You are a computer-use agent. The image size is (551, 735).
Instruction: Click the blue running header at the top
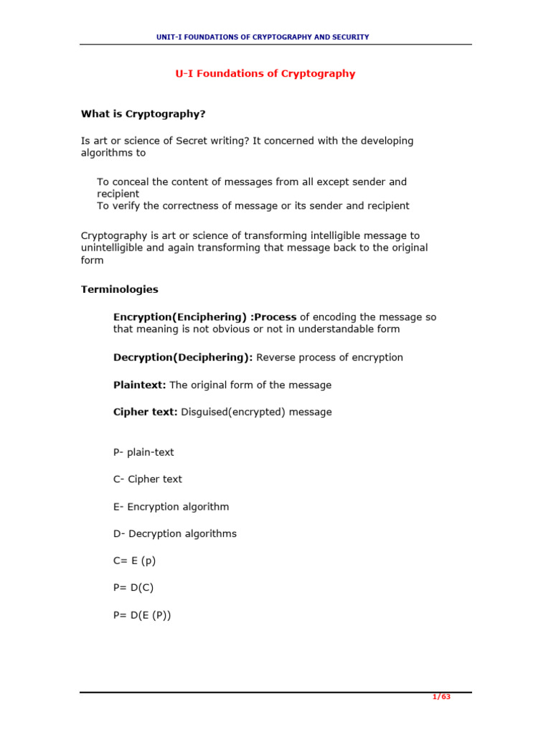263,37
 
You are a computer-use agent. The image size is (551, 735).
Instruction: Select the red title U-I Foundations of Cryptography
265,74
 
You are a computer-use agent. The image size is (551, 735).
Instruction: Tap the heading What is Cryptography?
148,113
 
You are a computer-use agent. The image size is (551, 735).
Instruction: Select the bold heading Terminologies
120,289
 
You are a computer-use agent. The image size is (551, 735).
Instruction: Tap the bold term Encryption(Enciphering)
181,317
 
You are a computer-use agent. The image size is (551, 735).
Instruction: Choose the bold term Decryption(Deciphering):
183,357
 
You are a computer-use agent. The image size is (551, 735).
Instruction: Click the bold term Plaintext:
140,385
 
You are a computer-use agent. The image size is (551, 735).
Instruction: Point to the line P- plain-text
143,452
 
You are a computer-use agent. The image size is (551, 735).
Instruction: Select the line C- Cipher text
148,479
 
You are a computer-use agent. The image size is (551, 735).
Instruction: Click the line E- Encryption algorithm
171,507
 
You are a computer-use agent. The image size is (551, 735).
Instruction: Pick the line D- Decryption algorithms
175,534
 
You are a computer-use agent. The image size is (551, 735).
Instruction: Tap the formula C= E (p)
134,561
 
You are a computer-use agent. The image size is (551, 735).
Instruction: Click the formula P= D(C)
133,587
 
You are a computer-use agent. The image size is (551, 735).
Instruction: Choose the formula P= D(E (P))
142,615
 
